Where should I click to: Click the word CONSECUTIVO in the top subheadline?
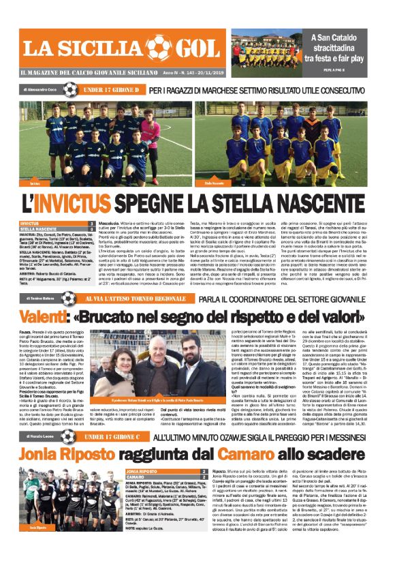tap(347, 89)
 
